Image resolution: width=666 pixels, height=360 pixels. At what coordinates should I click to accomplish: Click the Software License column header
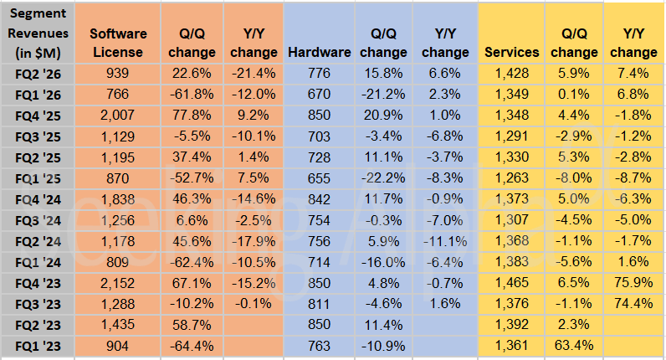pos(118,43)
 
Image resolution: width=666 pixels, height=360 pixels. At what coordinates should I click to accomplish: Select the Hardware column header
pos(319,52)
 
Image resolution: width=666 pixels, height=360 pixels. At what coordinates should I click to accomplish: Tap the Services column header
pos(512,52)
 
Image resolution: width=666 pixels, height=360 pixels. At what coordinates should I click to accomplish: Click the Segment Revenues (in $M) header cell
pos(37,33)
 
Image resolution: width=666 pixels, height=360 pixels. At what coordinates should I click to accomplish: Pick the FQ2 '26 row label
pos(37,74)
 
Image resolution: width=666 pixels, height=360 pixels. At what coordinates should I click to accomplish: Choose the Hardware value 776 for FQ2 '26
pos(319,74)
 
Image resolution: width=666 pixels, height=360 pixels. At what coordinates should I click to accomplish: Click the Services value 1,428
pos(512,74)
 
